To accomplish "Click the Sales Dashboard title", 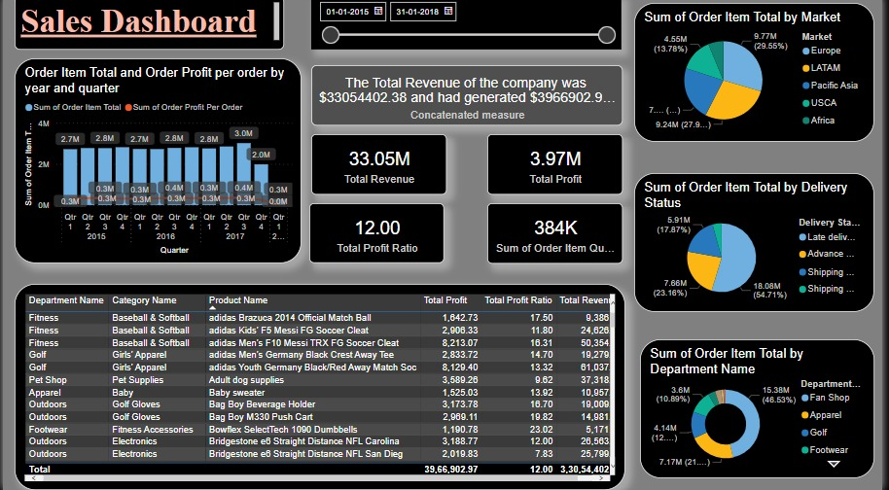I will point(138,22).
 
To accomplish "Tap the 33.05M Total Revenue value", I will point(378,159).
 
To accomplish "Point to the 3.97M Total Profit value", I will point(554,159).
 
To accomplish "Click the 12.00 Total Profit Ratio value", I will point(376,227).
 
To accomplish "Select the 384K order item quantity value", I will point(554,227).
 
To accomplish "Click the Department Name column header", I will point(66,300).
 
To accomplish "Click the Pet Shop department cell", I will point(48,380).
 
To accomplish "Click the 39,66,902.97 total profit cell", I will point(450,469).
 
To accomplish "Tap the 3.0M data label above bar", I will point(243,133).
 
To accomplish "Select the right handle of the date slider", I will point(608,35).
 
